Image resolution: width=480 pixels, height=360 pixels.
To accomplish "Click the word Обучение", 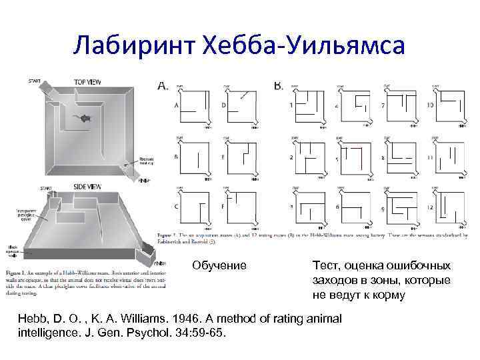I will click(x=219, y=265).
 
